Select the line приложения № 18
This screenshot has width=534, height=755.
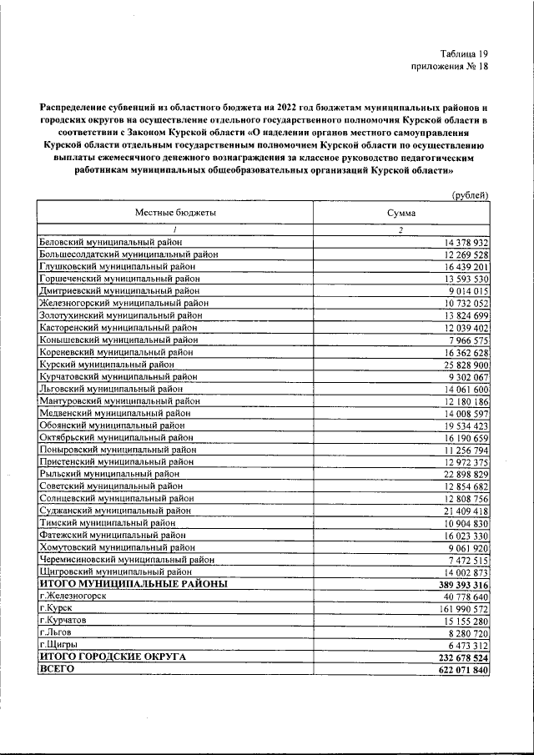click(x=449, y=67)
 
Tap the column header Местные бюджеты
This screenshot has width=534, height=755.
click(x=175, y=213)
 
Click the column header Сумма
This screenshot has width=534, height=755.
click(x=400, y=213)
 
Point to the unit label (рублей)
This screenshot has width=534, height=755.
click(x=469, y=194)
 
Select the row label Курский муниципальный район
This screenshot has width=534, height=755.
click(x=107, y=365)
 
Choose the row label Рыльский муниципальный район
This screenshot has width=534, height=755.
click(x=110, y=474)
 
